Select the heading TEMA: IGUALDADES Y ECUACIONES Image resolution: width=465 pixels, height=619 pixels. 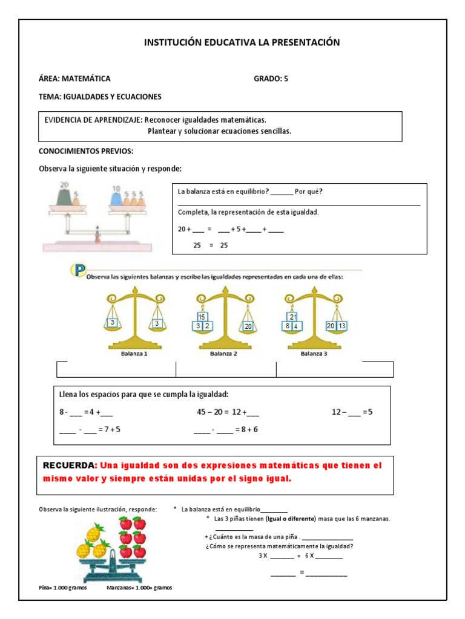(x=100, y=97)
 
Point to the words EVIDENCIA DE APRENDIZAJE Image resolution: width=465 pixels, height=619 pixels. (x=93, y=120)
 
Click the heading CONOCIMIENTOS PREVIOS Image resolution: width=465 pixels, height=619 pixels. (x=86, y=151)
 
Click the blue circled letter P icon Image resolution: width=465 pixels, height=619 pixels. (x=77, y=270)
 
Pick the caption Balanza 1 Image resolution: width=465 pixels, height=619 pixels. (x=134, y=354)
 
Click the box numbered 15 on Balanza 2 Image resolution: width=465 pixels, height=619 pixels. (x=202, y=317)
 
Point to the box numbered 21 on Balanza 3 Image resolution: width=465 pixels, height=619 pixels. (x=293, y=317)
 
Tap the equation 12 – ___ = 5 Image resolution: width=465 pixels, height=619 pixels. (x=352, y=412)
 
